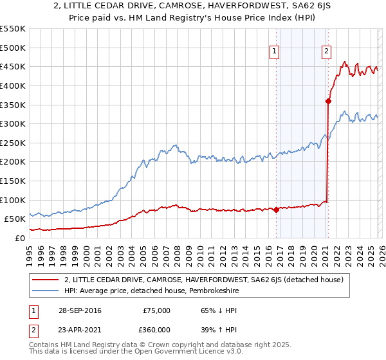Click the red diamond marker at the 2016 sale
[276, 210]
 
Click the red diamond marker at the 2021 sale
[328, 100]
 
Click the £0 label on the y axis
[20, 238]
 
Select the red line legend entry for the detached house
[205, 280]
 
